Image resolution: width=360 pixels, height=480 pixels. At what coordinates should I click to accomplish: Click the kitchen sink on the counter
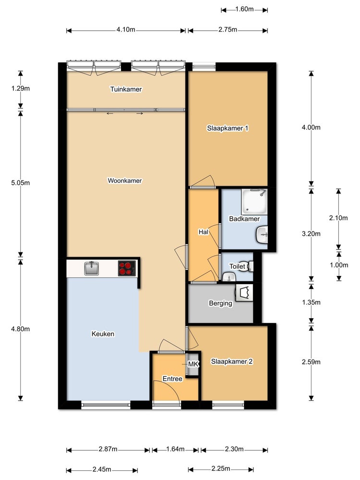point(92,268)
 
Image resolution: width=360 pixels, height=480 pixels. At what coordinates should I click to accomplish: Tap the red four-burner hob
point(127,268)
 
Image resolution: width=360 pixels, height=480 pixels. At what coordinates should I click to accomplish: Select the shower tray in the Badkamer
point(254,202)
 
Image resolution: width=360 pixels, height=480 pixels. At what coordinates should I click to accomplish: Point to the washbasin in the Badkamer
point(263,235)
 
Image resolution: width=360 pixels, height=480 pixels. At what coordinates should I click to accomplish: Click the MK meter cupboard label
point(193,364)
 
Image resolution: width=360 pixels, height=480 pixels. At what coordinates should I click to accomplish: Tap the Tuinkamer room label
point(126,89)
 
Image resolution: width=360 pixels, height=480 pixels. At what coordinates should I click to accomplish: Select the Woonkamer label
point(125,180)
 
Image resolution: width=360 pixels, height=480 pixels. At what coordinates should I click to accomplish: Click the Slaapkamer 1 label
point(228,128)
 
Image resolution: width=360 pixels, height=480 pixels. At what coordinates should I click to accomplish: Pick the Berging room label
point(220,303)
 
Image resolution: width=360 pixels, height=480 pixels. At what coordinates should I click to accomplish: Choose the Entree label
point(172,379)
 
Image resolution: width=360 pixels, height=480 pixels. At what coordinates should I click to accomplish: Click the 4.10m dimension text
point(126,30)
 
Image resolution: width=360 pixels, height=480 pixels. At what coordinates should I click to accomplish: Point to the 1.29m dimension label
point(21,88)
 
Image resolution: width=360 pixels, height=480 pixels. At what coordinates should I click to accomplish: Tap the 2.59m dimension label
point(311,362)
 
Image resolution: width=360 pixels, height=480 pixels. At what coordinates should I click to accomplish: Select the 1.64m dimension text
point(175,449)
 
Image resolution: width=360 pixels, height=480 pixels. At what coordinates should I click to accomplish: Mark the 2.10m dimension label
point(338,218)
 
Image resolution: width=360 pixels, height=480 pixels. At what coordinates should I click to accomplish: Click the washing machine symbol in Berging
point(244,293)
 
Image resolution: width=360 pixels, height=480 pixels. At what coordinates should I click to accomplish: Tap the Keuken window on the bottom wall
point(106,405)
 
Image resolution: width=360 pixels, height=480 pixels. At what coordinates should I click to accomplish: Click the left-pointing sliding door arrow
point(110,114)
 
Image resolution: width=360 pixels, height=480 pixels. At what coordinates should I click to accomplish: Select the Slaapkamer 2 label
point(232,361)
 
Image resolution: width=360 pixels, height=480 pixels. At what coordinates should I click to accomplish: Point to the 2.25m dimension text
point(221,468)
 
